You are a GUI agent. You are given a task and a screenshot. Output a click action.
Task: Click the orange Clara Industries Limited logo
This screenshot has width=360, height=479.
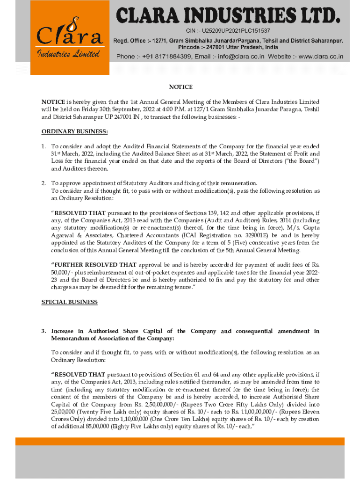[x=70, y=38]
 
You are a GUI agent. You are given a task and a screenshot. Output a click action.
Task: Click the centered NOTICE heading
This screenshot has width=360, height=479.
[x=180, y=87]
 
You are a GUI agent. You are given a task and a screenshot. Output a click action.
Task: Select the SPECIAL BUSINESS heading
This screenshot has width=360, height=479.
[x=70, y=302]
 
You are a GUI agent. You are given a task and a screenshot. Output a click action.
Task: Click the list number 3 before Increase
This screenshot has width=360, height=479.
[x=43, y=331]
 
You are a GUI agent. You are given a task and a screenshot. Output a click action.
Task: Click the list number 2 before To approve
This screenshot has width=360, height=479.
[x=43, y=183]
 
